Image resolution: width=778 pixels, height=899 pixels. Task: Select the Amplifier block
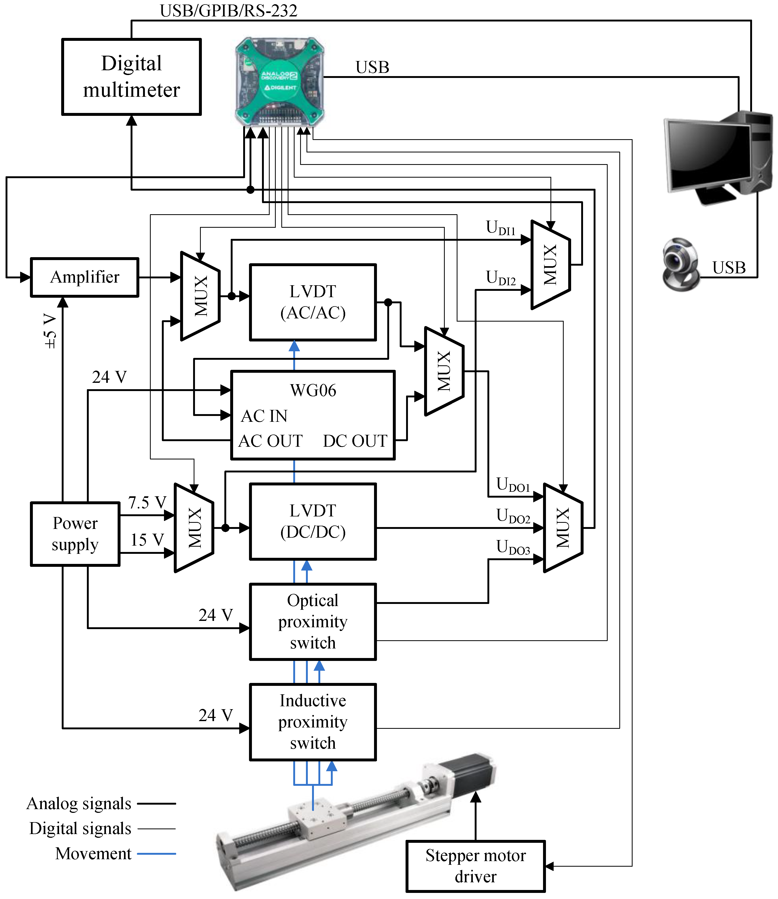(85, 277)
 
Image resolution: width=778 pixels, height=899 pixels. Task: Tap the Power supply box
(75, 534)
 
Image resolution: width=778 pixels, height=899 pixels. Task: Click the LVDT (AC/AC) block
(313, 302)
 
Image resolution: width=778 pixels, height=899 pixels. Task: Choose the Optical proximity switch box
(313, 621)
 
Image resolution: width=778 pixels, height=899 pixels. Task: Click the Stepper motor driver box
(475, 866)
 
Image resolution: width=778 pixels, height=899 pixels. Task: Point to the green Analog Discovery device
(279, 81)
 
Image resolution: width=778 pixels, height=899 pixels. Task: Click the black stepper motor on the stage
(471, 776)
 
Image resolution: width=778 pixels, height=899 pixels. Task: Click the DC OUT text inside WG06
(355, 441)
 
